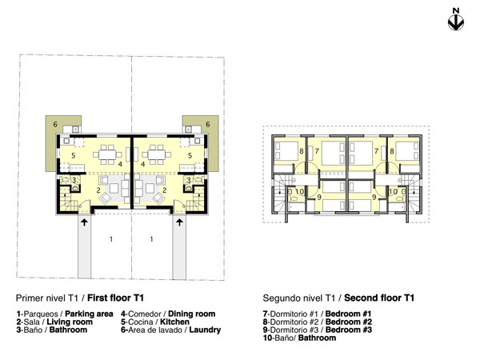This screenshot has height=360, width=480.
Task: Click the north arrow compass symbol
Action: pos(456,22)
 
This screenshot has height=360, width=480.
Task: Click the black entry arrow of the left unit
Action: pos(84,222)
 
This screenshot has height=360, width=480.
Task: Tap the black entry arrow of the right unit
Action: pos(179,222)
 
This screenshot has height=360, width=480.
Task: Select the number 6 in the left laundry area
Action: pos(55,124)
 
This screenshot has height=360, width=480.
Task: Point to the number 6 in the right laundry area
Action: pos(208,124)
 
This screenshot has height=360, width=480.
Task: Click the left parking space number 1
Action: pos(111,239)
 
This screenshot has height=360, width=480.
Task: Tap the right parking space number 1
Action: pos(151,239)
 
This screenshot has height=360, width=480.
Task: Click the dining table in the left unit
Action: pos(107,154)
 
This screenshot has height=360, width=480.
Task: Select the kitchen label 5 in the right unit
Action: pos(190,155)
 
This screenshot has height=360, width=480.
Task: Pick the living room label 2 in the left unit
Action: pos(98,190)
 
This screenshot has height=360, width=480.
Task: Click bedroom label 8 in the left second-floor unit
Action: pos(302,151)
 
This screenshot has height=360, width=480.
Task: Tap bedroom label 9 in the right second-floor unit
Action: pos(374,198)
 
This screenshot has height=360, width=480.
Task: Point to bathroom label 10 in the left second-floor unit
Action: pos(300,192)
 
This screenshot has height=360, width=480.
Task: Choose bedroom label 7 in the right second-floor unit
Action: pos(376,151)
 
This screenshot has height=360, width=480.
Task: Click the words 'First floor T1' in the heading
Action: pos(115,298)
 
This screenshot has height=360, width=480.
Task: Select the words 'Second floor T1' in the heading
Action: pos(379,298)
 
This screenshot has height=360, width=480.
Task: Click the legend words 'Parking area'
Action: pos(89,314)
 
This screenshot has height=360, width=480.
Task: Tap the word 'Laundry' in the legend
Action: pos(205,330)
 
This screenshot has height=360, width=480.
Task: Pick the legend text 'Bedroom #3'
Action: pos(349,330)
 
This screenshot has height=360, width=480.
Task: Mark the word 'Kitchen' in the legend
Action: pos(174,322)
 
